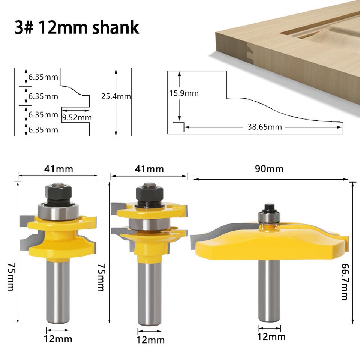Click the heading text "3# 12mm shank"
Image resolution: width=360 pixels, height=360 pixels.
pos(76,28)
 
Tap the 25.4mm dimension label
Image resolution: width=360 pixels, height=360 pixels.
pos(116,96)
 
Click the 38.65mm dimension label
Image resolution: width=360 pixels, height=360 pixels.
pos(264,127)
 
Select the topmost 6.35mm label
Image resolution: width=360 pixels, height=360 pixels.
pos(43,77)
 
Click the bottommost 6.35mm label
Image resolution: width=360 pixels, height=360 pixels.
pos(43,130)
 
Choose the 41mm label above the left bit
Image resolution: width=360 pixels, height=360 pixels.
pos(58,169)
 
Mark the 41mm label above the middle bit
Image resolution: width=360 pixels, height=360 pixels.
pos(149,169)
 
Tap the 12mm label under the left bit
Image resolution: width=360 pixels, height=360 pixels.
pos(58,339)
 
